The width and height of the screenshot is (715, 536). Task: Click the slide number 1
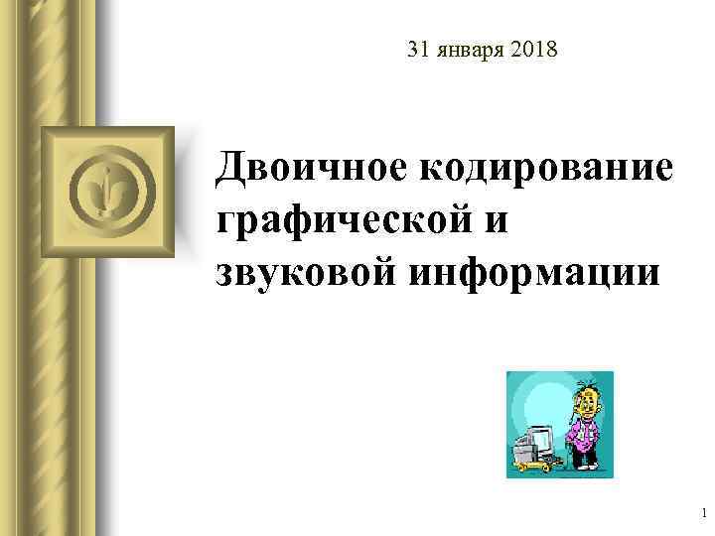[x=703, y=512]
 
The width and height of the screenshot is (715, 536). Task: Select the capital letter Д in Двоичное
[x=234, y=167]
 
